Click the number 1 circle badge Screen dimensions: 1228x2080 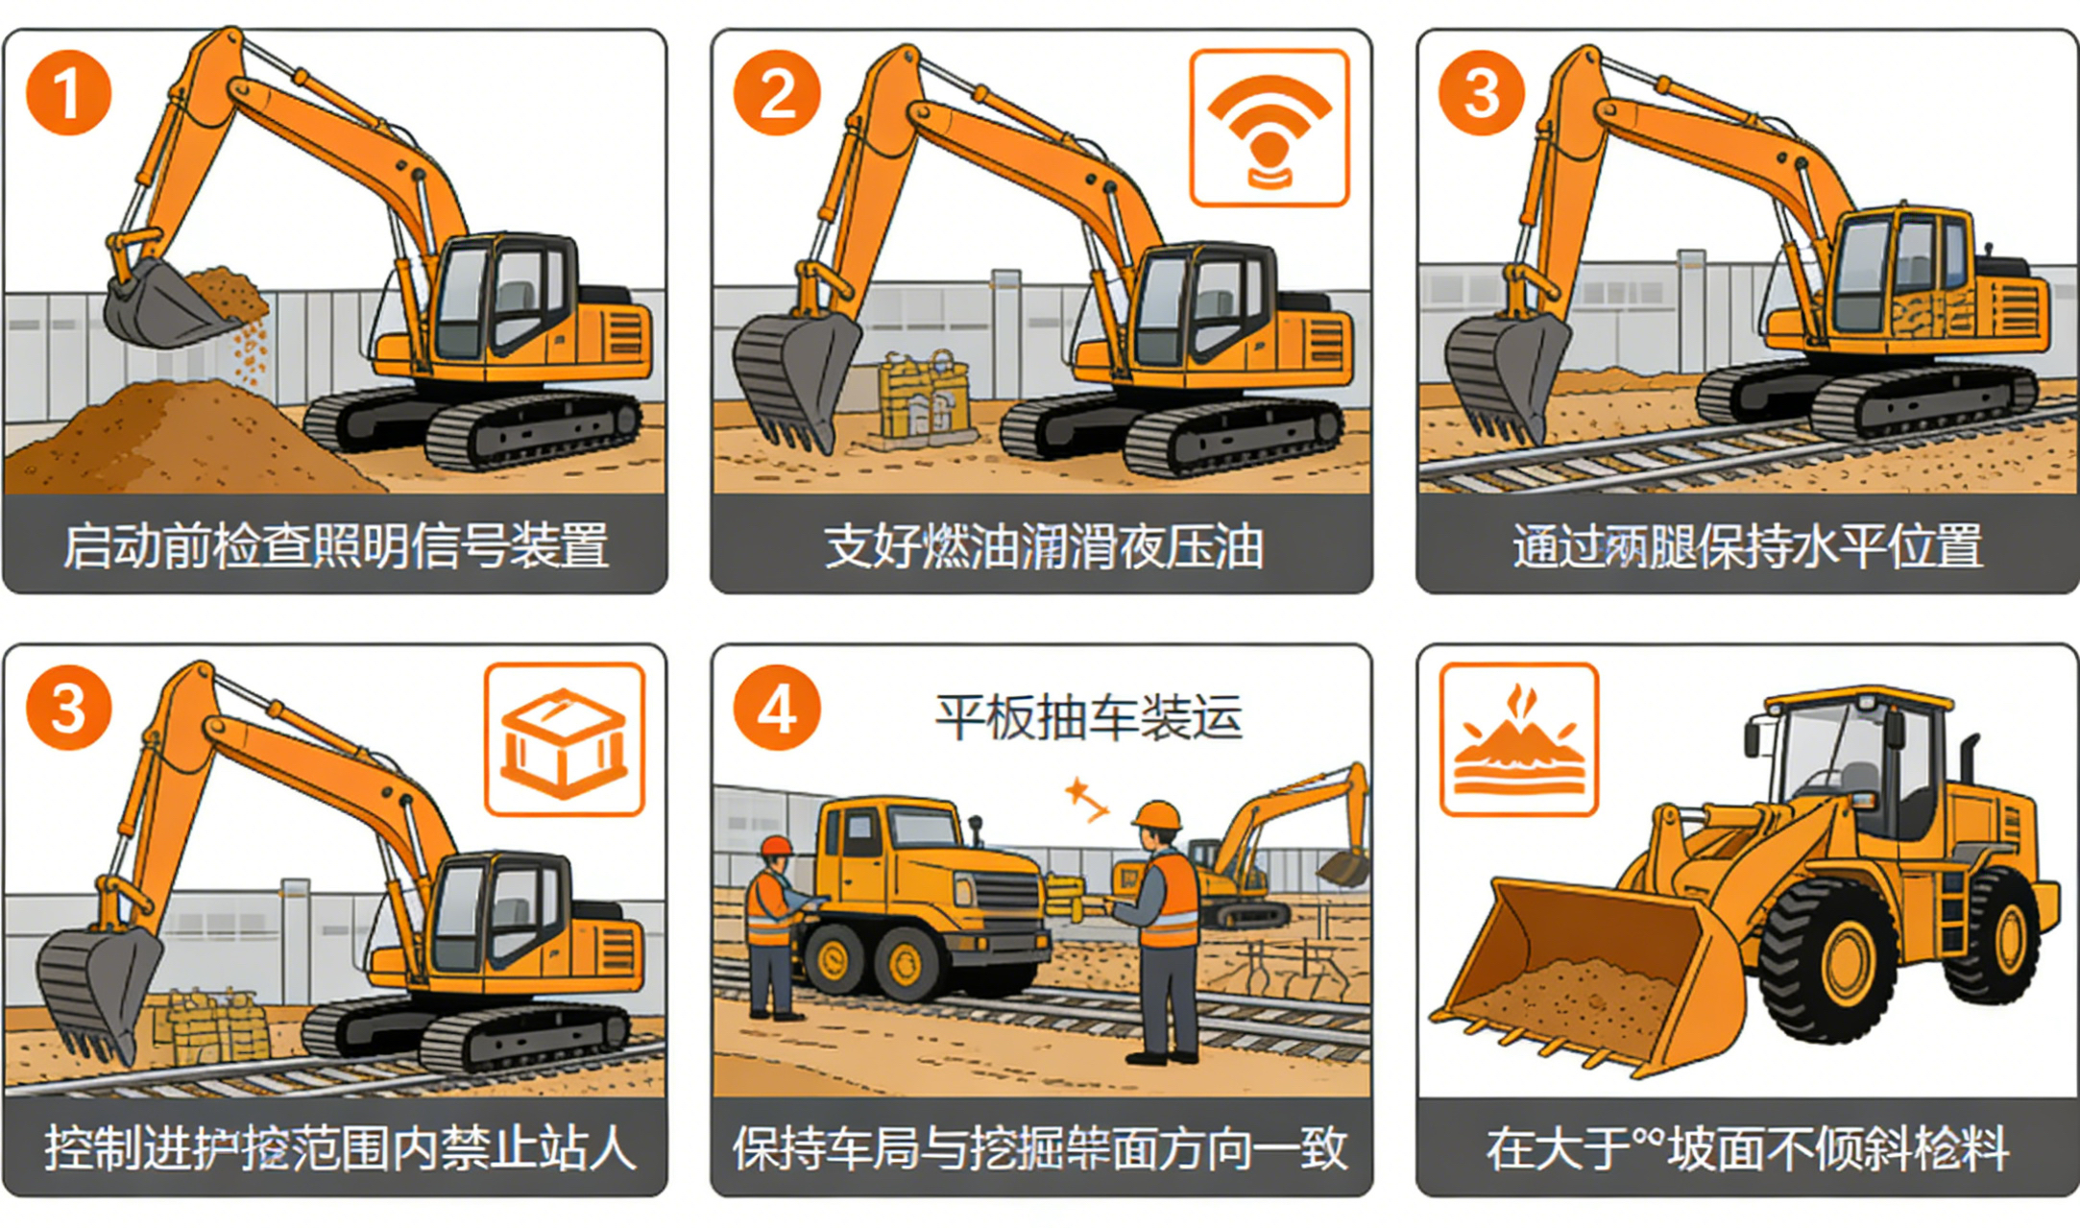[68, 93]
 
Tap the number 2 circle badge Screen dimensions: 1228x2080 [777, 93]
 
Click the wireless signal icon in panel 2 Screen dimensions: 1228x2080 [1269, 129]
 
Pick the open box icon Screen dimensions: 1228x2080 [564, 740]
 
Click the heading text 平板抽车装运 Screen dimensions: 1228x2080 [1088, 717]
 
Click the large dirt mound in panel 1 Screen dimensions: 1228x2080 [182, 437]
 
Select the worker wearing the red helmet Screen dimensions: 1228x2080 [773, 922]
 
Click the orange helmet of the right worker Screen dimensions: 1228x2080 [1157, 815]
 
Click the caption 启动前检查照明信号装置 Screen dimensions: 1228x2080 [335, 545]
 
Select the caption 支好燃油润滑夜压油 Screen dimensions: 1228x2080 [1042, 545]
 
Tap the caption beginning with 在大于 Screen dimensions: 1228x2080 [1747, 1148]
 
